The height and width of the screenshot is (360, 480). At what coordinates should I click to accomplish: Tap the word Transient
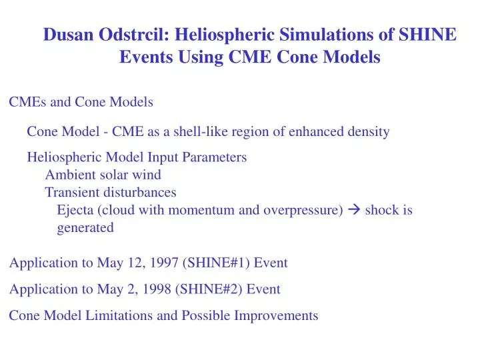70,192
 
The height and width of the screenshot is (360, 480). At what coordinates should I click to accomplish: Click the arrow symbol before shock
355,210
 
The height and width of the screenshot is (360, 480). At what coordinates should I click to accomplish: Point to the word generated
85,227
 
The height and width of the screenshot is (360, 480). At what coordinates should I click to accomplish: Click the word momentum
197,210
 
